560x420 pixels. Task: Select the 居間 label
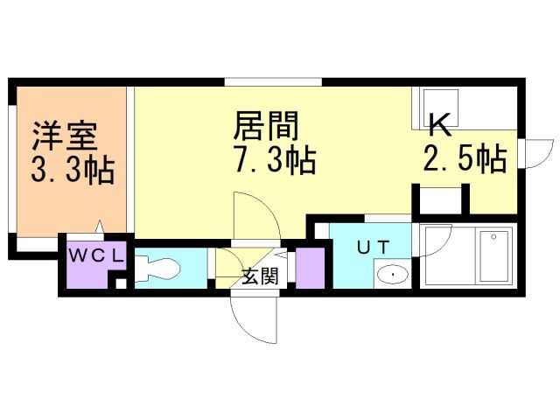[266, 128]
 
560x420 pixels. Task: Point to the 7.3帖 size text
[274, 161]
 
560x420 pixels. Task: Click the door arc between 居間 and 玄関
[253, 214]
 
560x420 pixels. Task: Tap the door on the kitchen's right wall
[536, 152]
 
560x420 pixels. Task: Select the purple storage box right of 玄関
[310, 268]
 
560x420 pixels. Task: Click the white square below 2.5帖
[440, 200]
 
